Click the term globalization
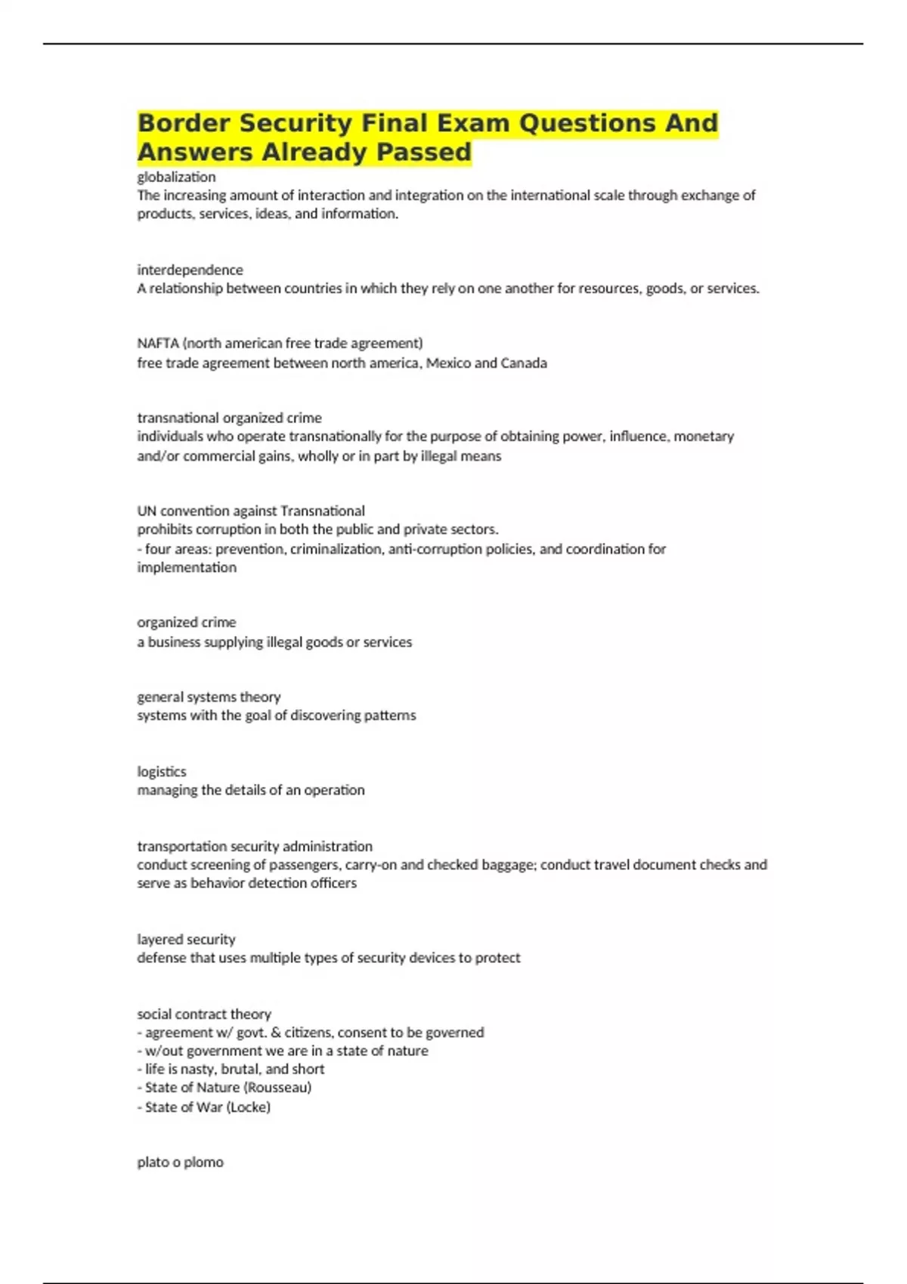tap(176, 177)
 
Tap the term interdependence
tap(190, 270)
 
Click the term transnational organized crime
tap(229, 418)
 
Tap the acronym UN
tap(147, 511)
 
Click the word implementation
tap(187, 567)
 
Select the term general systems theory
tap(209, 696)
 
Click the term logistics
tap(161, 771)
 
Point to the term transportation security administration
tap(255, 846)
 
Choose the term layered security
tap(186, 939)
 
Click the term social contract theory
tap(204, 1014)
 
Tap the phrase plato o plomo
tap(180, 1162)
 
